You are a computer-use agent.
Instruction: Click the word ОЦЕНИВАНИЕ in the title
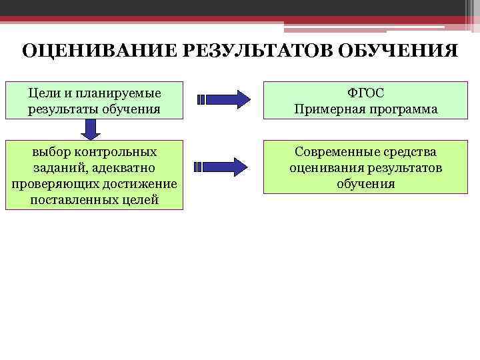coord(91,51)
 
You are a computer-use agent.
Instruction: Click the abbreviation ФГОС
coord(366,92)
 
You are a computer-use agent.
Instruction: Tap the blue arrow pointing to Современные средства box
coord(219,167)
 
